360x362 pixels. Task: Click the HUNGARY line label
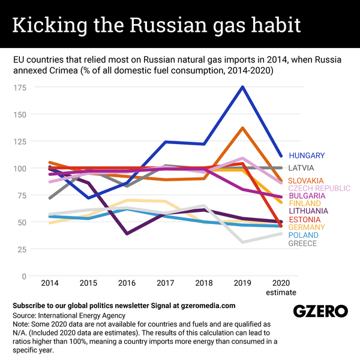(x=307, y=155)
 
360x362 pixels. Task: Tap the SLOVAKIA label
(x=306, y=181)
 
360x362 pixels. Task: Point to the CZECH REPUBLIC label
(x=319, y=189)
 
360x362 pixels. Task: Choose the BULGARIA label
(x=307, y=196)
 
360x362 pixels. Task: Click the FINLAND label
(x=304, y=204)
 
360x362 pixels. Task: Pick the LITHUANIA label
(x=308, y=211)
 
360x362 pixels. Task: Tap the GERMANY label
(x=307, y=228)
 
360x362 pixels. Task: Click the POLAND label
(x=303, y=235)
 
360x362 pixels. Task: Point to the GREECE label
(x=302, y=243)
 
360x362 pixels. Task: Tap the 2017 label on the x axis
(x=164, y=282)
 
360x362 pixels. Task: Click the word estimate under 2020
(x=281, y=292)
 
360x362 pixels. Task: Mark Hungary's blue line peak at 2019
(x=242, y=87)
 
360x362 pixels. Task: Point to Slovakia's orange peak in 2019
(x=242, y=128)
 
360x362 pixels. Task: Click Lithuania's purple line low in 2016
(x=127, y=234)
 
